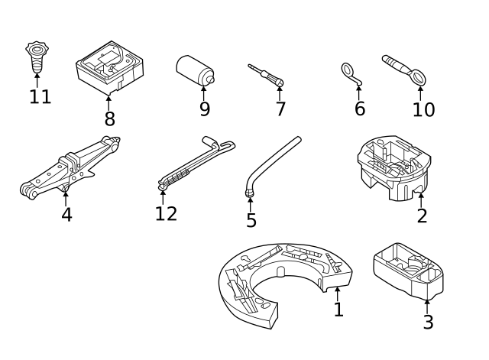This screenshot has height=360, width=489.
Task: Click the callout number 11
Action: click(40, 97)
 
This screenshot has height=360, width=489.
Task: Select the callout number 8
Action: click(109, 119)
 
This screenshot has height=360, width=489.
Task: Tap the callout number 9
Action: click(204, 109)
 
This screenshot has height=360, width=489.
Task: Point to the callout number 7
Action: click(280, 109)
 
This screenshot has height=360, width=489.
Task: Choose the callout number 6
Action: click(360, 109)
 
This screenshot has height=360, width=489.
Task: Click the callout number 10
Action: click(423, 109)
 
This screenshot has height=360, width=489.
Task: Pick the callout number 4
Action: click(66, 215)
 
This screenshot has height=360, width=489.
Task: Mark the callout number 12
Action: click(166, 213)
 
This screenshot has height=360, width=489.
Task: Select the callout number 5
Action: click(251, 221)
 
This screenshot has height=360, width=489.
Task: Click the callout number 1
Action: click(338, 310)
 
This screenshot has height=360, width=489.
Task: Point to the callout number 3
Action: click(428, 322)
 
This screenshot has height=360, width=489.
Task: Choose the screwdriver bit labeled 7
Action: click(267, 74)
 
